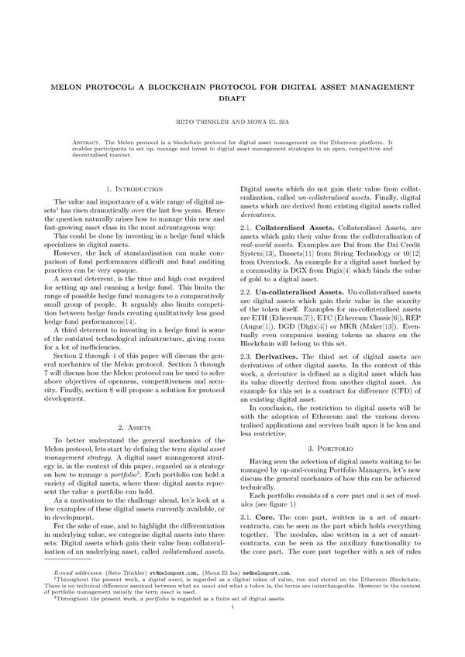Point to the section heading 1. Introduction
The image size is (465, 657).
[133, 188]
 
